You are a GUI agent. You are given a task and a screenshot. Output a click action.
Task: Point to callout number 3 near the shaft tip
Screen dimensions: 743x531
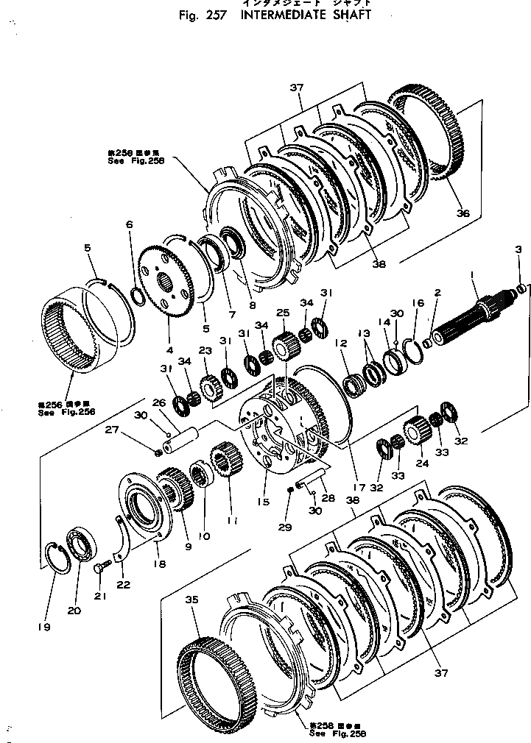tap(518, 251)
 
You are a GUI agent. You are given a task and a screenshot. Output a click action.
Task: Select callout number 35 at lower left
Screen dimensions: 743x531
tap(192, 600)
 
